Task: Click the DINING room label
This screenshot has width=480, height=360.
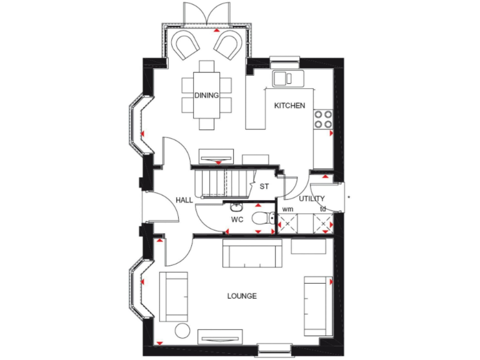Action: point(206,96)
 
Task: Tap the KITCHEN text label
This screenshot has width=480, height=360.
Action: point(289,106)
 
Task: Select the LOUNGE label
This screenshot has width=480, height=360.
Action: point(242,296)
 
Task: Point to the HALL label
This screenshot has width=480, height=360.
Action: point(184,200)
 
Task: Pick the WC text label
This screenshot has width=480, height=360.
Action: point(237,220)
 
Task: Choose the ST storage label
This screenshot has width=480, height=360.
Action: point(264,186)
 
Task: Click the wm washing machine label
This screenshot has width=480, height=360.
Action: point(287,209)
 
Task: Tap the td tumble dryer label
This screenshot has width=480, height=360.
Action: point(322,209)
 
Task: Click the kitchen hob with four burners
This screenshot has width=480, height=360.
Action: point(322,119)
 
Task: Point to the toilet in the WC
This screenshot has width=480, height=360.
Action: point(262,218)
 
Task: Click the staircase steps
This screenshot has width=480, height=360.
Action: point(216,184)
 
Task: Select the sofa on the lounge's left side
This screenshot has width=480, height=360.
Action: point(173,296)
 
